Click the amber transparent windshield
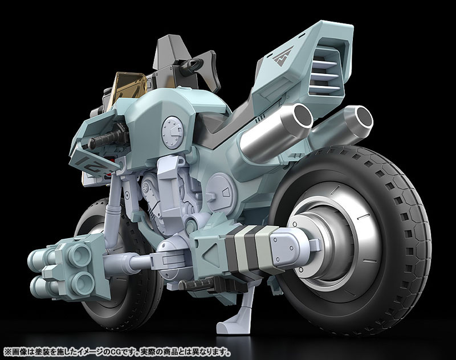coord(128,87)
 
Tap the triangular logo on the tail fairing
coord(283,56)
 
